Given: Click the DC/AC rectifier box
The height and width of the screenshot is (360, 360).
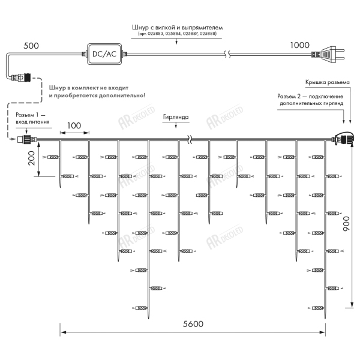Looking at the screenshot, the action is click(x=104, y=54).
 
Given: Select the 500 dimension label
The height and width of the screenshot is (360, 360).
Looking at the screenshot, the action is click(x=31, y=46).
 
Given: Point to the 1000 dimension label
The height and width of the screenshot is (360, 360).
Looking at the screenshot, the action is click(x=299, y=45).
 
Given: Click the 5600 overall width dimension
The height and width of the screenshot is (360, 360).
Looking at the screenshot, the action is click(x=193, y=324).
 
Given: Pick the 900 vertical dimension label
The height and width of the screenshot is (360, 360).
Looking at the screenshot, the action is click(x=346, y=224).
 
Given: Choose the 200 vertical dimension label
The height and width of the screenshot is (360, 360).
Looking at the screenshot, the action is click(x=31, y=158).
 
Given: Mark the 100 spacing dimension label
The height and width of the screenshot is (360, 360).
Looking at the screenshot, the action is click(x=74, y=125).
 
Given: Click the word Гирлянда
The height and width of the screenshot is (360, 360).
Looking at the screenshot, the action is click(x=176, y=117).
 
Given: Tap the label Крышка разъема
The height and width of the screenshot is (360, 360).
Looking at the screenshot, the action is click(x=328, y=82).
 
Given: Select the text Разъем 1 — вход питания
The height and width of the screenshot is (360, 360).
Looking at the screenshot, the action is click(x=32, y=118).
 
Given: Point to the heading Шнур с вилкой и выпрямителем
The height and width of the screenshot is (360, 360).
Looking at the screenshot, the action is click(x=177, y=28).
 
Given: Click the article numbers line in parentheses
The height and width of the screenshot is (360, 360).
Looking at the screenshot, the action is click(x=177, y=34).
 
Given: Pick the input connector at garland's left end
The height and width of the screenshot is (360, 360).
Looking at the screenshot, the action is click(x=27, y=139).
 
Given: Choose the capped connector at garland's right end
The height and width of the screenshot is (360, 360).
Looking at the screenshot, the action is click(x=343, y=138).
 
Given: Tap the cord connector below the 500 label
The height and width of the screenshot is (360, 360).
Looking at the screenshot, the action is click(x=20, y=77).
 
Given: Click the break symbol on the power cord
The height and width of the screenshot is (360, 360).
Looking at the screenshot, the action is click(x=227, y=54).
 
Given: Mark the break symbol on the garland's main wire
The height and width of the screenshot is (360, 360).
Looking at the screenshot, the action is click(x=190, y=139).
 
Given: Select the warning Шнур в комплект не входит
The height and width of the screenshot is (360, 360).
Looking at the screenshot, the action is click(x=89, y=88).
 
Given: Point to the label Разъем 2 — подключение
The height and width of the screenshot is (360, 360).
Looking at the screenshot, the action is click(x=310, y=97).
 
